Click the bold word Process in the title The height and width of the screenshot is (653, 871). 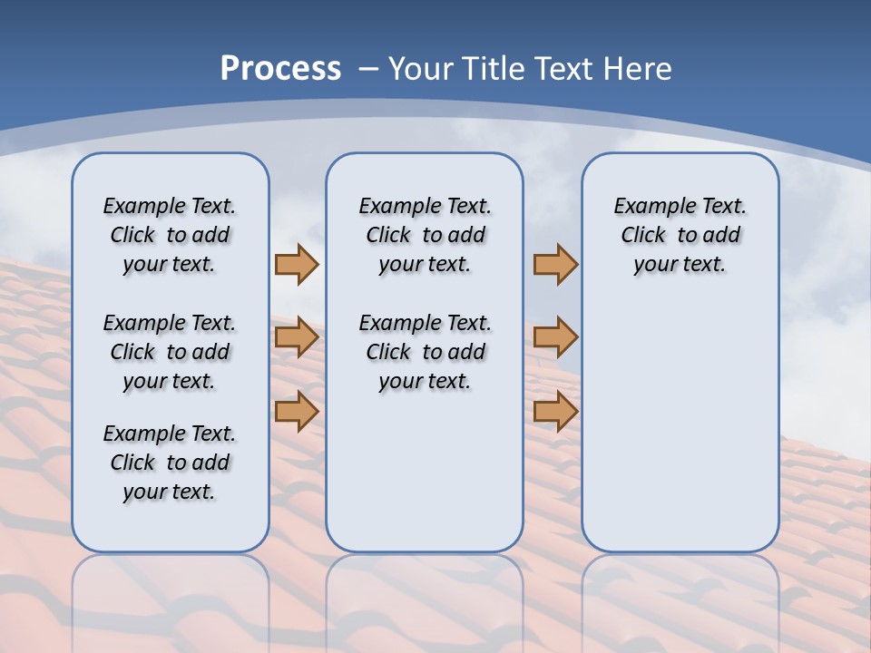(280, 69)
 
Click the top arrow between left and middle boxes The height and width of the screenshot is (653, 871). (297, 264)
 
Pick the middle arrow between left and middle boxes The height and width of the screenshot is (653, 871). (297, 337)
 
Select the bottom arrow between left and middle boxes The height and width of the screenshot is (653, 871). (297, 412)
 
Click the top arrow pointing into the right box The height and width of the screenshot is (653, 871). (555, 264)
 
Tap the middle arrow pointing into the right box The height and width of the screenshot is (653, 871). (555, 337)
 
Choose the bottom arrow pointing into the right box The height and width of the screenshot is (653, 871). (555, 412)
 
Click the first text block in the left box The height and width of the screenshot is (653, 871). (170, 235)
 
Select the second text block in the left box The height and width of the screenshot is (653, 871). (170, 352)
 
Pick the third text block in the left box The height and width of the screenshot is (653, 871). (170, 463)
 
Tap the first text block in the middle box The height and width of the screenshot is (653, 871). (425, 235)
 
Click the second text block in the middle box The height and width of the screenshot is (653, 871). (425, 352)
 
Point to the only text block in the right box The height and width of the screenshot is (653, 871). (680, 235)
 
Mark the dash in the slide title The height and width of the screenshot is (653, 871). (368, 69)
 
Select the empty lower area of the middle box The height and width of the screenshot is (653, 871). (425, 472)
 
